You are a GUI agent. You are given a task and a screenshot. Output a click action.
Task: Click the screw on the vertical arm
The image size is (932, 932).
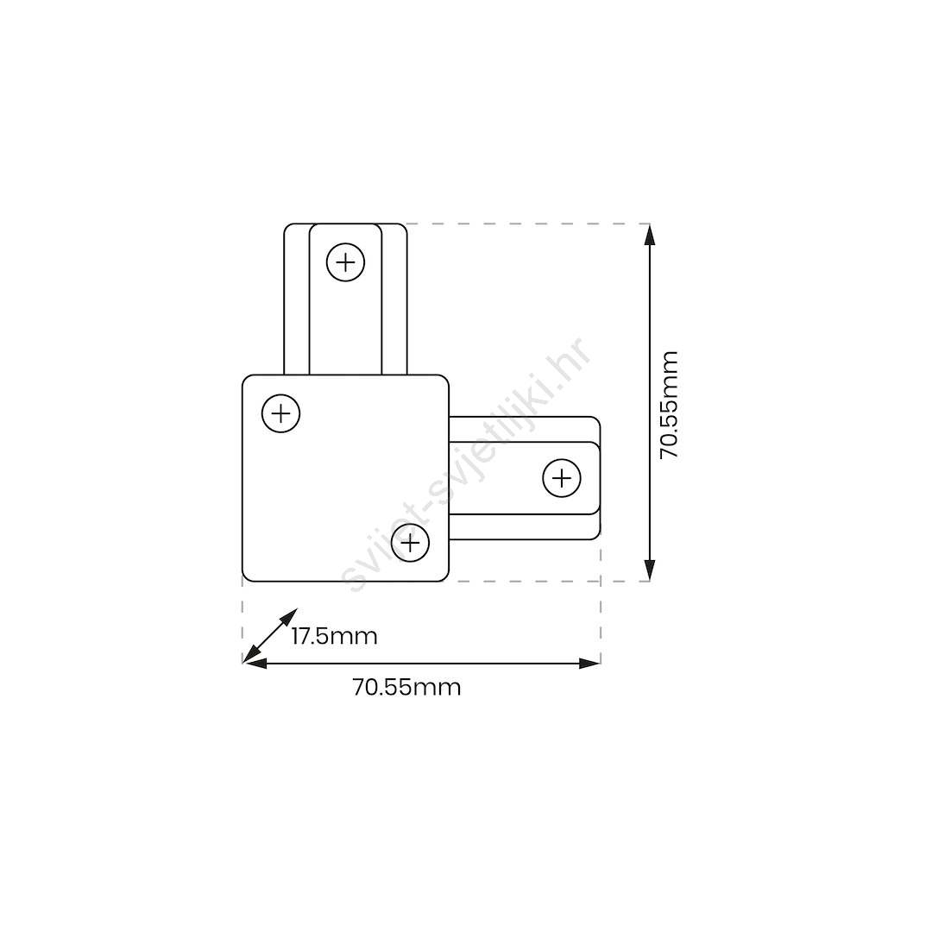point(345,262)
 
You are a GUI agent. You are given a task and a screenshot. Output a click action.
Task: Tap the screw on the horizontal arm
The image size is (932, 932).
point(562,478)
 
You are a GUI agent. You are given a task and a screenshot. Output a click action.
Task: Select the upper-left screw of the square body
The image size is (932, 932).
point(280,413)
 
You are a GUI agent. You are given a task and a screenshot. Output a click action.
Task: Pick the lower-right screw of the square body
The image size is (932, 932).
point(411,543)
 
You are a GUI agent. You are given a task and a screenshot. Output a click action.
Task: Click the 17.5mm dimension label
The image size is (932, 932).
point(335,637)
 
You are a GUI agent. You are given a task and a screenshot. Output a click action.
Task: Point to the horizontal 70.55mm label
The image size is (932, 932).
point(407,688)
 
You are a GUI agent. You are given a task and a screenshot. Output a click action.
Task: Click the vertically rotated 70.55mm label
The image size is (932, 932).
point(670,405)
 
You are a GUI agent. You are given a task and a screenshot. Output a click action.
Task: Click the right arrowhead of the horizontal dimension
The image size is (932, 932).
point(589,664)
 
